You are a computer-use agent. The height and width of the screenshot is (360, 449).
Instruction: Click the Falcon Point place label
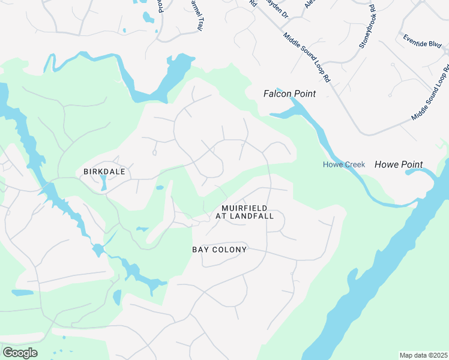[x=289, y=94]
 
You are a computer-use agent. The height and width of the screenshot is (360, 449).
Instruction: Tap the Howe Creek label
[x=344, y=165]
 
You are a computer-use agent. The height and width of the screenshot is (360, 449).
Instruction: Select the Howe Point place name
[x=399, y=164]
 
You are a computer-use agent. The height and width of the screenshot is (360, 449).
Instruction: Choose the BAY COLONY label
[x=219, y=249]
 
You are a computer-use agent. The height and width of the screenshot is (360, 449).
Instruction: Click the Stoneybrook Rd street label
[x=367, y=26]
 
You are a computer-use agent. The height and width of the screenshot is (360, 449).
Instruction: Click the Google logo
[x=20, y=353]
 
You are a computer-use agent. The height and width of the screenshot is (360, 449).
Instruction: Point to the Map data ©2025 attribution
[x=423, y=355]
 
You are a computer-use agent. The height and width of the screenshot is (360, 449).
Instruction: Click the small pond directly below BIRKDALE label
[x=103, y=182]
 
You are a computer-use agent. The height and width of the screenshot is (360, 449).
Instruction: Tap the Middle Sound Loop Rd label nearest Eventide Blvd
[x=431, y=90]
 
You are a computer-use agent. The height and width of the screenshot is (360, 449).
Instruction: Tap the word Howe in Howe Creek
[x=333, y=165]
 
